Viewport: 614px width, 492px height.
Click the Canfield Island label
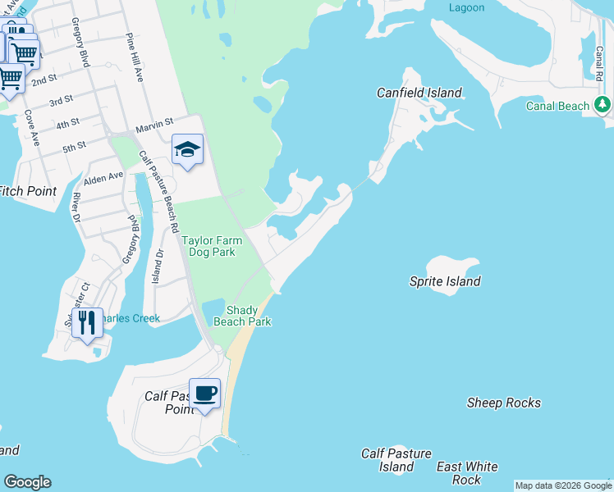[x=419, y=93]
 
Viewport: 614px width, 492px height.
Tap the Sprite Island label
[x=445, y=281]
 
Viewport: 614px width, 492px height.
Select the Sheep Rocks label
[x=503, y=403]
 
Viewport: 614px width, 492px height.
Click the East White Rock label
[x=466, y=473]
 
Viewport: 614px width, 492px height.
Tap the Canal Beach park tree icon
[x=603, y=104]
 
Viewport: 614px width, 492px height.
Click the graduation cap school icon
[x=187, y=150]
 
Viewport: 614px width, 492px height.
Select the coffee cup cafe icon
[x=204, y=394]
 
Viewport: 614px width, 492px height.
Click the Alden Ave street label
[x=103, y=176]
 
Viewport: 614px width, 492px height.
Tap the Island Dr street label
[x=159, y=262]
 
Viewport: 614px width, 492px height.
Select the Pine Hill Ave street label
[x=135, y=57]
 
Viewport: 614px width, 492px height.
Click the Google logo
[x=27, y=482]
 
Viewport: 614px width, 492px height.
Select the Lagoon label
[x=466, y=7]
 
